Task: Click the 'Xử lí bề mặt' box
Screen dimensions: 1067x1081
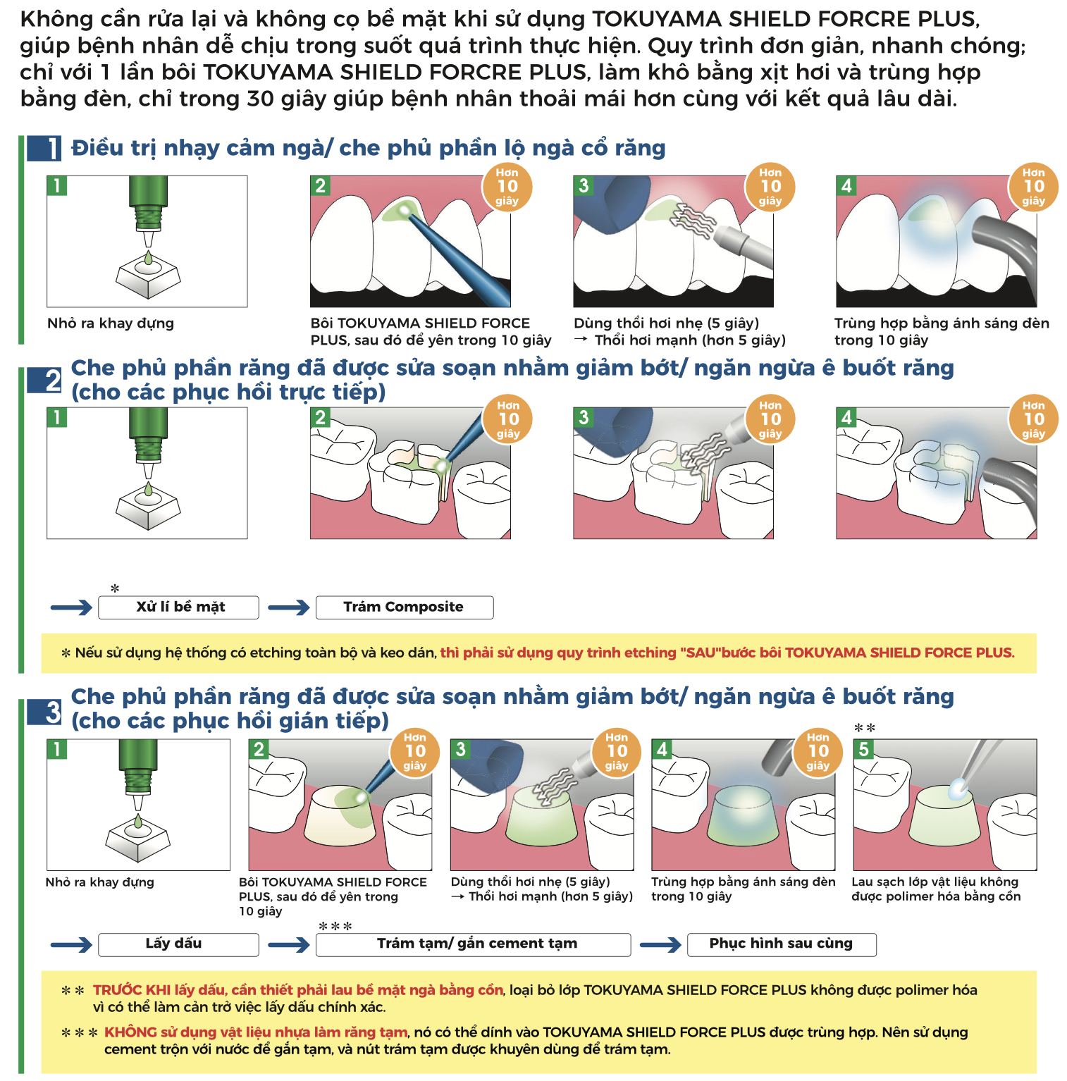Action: click(x=178, y=607)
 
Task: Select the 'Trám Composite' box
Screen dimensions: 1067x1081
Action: click(x=405, y=607)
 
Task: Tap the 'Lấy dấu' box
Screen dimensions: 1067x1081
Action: click(x=178, y=944)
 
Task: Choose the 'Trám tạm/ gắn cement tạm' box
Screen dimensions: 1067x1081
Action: click(x=473, y=944)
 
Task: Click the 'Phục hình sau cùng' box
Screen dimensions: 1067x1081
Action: click(x=782, y=944)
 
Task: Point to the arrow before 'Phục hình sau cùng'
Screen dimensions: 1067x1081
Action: click(x=660, y=944)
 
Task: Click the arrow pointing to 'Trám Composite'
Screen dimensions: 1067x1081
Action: click(x=289, y=607)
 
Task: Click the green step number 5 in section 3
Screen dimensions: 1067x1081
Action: click(x=863, y=749)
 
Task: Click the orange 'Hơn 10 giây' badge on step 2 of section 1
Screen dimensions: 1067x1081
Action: click(x=507, y=187)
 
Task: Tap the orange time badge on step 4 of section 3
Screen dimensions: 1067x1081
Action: click(x=818, y=751)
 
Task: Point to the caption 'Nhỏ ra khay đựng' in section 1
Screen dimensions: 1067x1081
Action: click(x=111, y=323)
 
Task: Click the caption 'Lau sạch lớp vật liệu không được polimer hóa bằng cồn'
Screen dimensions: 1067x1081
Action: click(x=936, y=889)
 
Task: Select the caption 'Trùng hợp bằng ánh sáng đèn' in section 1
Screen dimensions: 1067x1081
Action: click(x=942, y=323)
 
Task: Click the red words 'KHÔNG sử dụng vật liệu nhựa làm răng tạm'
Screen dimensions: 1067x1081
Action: click(x=256, y=1032)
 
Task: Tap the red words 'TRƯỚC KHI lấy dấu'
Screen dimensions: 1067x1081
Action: click(x=144, y=990)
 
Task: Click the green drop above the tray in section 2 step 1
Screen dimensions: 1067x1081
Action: click(x=148, y=489)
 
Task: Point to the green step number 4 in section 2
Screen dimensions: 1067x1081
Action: click(x=846, y=418)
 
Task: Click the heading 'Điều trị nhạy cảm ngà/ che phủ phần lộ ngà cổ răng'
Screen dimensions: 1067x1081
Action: click(x=369, y=148)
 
